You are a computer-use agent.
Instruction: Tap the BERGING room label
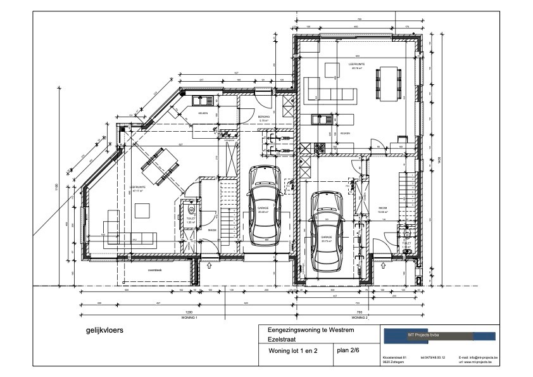[x=264, y=117]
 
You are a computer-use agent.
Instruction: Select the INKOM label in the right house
[x=383, y=208]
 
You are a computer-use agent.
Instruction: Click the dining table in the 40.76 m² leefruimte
[x=389, y=83]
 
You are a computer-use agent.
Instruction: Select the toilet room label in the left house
[x=189, y=220]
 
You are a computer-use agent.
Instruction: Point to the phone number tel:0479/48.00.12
[x=434, y=358]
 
